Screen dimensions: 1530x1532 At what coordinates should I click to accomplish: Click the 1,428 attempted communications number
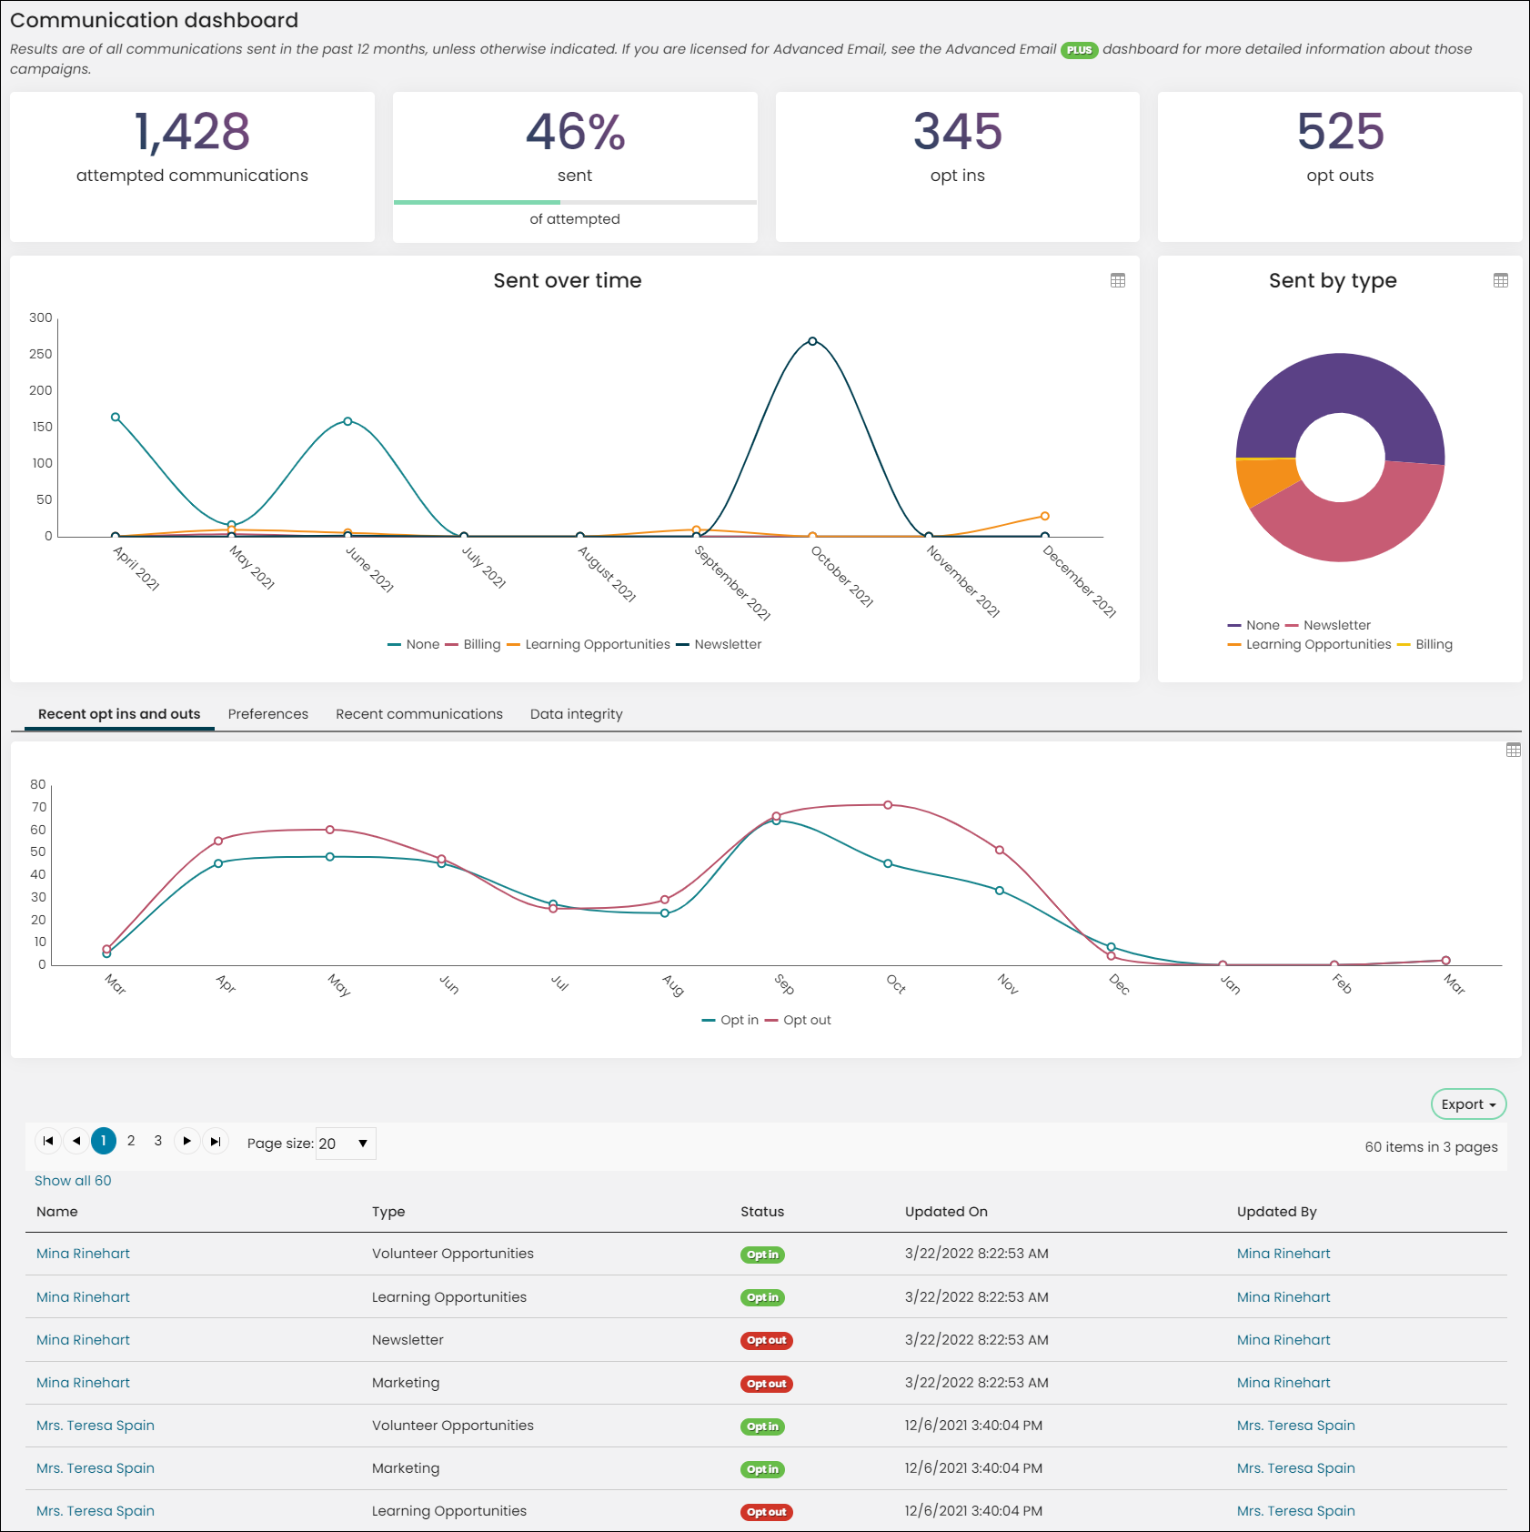point(192,132)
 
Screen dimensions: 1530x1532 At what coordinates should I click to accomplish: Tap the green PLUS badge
point(1080,50)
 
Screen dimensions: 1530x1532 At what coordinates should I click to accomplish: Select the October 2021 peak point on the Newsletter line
point(812,341)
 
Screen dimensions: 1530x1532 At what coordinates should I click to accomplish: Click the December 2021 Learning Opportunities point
point(1045,516)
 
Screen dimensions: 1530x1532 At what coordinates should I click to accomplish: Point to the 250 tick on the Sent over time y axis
point(40,354)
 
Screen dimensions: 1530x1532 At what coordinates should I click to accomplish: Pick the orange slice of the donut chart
point(1266,480)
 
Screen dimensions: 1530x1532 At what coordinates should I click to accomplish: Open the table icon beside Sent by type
point(1501,280)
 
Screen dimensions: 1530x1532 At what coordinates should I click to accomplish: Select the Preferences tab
point(268,714)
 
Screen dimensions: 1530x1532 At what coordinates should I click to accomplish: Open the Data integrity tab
point(577,714)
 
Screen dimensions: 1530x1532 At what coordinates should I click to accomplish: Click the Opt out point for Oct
point(888,805)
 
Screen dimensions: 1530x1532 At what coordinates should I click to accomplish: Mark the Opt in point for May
point(330,857)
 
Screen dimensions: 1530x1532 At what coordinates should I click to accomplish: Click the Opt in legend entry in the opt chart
point(730,1020)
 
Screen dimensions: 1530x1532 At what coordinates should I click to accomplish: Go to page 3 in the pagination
point(158,1141)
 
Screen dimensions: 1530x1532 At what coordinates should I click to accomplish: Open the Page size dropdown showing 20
point(346,1144)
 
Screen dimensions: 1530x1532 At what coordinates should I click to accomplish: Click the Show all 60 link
point(73,1181)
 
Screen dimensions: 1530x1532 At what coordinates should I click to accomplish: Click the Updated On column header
point(946,1212)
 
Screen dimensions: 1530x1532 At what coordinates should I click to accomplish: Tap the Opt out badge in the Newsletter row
point(767,1341)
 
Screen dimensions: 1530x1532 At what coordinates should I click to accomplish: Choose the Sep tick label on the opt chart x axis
point(784,984)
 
